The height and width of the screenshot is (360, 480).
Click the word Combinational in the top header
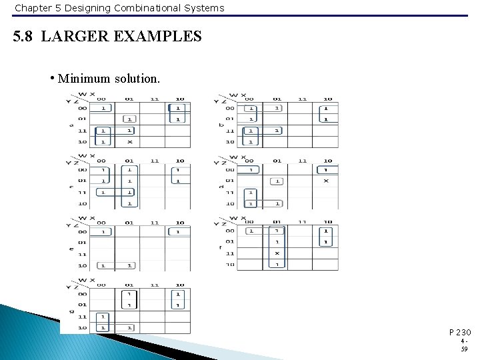pos(120,8)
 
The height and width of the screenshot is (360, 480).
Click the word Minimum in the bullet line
pos(83,79)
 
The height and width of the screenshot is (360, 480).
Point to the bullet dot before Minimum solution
pos(52,77)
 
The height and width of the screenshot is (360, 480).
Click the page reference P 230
pos(460,332)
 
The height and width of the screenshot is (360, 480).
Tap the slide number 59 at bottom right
pos(465,349)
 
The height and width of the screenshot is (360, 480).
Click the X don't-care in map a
pos(129,142)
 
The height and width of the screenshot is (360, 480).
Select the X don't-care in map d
pos(326,180)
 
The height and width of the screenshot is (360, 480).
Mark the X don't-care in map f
pos(277,253)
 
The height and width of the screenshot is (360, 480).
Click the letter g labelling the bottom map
pos(71,311)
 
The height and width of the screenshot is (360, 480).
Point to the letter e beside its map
pos(71,248)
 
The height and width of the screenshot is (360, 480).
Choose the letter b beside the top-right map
pos(221,125)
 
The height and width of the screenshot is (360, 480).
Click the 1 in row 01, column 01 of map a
pos(129,119)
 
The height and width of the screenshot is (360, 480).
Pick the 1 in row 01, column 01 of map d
pos(277,181)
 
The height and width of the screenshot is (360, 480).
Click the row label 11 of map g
pos(82,317)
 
